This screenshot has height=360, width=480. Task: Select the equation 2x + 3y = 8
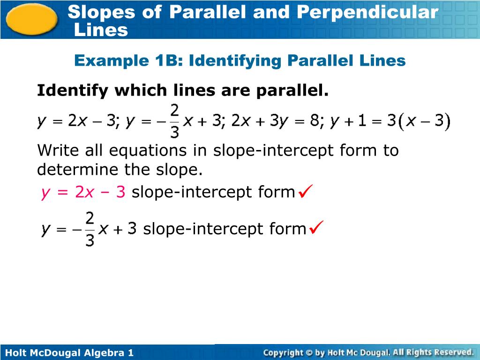276,121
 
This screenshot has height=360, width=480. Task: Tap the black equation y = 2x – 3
77,121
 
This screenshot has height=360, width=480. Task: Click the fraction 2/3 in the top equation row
174,121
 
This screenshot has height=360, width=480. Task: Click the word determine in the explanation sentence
77,170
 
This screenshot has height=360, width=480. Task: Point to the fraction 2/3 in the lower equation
90,229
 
